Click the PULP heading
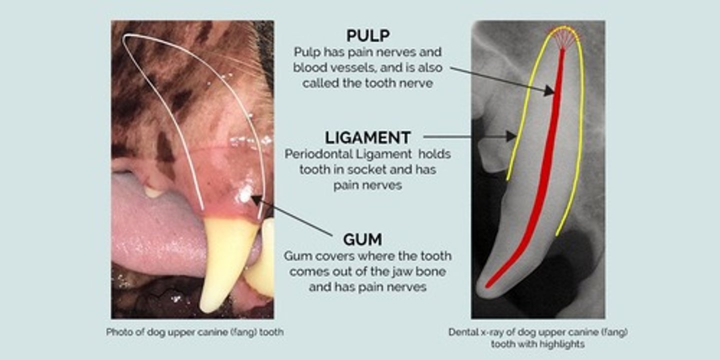(368, 35)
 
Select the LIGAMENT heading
(367, 137)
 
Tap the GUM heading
(362, 239)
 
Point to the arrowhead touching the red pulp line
(549, 90)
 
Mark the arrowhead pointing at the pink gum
(255, 200)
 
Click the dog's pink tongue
(150, 225)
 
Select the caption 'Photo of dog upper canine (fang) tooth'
(194, 332)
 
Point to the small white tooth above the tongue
(153, 191)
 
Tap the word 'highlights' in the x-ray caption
(559, 344)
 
